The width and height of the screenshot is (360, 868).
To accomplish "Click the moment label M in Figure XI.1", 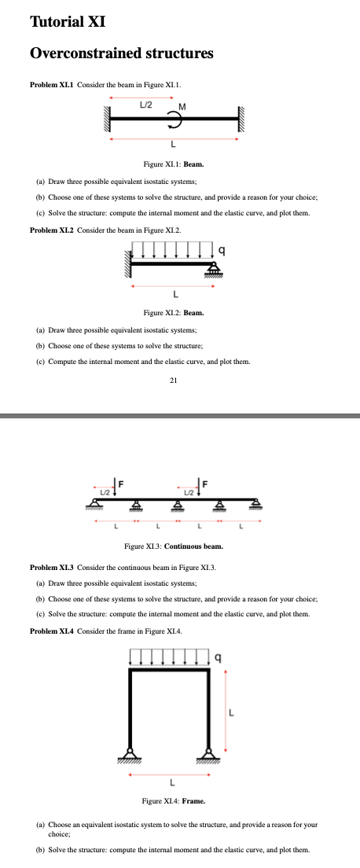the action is click(x=182, y=106).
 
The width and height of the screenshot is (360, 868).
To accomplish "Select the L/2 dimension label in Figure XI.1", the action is click(x=146, y=103).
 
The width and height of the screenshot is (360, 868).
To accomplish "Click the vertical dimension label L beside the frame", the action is click(x=231, y=714).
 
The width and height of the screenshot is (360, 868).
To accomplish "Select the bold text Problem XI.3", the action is click(x=52, y=566).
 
